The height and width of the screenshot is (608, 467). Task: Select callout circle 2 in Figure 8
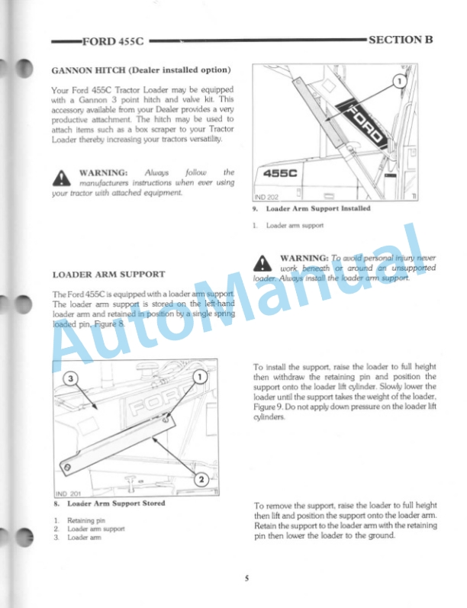[x=200, y=479]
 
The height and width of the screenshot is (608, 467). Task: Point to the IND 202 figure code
[x=267, y=197]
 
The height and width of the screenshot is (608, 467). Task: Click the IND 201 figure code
[x=68, y=493]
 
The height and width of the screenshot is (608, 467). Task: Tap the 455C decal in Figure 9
[x=281, y=174]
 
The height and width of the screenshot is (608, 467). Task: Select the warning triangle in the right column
[x=262, y=263]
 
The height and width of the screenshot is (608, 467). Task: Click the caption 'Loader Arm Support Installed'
[x=317, y=209]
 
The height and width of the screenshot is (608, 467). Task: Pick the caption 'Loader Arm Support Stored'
[x=116, y=504]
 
